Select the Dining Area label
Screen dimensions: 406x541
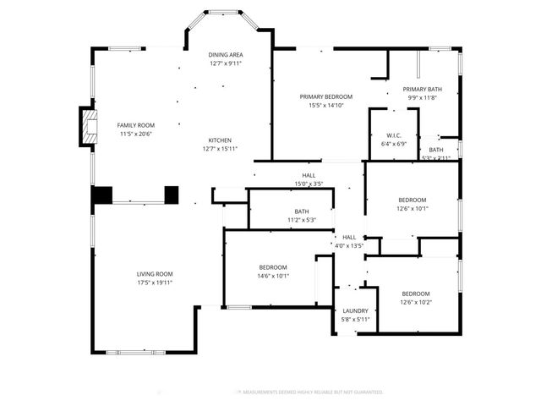click(226, 54)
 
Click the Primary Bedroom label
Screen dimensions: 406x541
click(325, 96)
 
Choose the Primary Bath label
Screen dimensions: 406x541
click(422, 89)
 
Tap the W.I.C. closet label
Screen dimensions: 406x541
click(393, 135)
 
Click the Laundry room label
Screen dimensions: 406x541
click(355, 310)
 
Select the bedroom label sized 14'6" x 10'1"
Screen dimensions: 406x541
click(273, 266)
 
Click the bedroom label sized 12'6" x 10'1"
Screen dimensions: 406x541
click(413, 200)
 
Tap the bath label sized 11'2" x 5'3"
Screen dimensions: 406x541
click(302, 211)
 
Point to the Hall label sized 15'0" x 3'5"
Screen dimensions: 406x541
click(309, 176)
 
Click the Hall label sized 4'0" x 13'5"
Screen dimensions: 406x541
click(349, 238)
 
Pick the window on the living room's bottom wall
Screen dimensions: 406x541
click(141, 350)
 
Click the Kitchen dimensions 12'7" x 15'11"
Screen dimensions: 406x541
click(217, 149)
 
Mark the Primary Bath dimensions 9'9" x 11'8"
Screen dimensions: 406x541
click(422, 97)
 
